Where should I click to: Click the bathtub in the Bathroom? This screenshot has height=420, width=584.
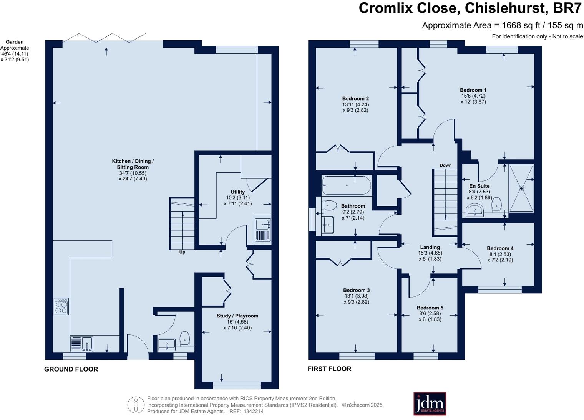[x=347, y=185]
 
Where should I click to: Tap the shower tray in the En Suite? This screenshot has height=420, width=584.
[x=521, y=188]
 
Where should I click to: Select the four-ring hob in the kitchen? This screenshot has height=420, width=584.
[x=61, y=306]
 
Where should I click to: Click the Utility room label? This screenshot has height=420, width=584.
[x=238, y=192]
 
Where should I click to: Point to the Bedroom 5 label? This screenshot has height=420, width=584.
[x=430, y=308]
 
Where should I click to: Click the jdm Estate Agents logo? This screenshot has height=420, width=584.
[x=430, y=403]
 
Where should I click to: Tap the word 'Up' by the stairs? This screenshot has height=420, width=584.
[x=182, y=252]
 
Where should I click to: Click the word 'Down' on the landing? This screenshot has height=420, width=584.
[x=446, y=165]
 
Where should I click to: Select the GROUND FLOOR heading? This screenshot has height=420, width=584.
[x=71, y=369]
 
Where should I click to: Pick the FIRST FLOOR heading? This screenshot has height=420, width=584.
[x=329, y=369]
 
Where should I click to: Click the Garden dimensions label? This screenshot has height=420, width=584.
[x=15, y=51]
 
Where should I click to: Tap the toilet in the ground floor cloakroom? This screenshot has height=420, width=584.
[x=185, y=338]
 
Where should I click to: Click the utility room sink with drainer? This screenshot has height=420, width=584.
[x=263, y=230]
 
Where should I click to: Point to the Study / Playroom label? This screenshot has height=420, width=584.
[x=237, y=316]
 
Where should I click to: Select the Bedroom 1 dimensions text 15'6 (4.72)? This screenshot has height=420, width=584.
[x=473, y=96]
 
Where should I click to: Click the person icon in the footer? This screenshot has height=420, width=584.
[x=136, y=405]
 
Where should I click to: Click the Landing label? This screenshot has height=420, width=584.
[x=430, y=247]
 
